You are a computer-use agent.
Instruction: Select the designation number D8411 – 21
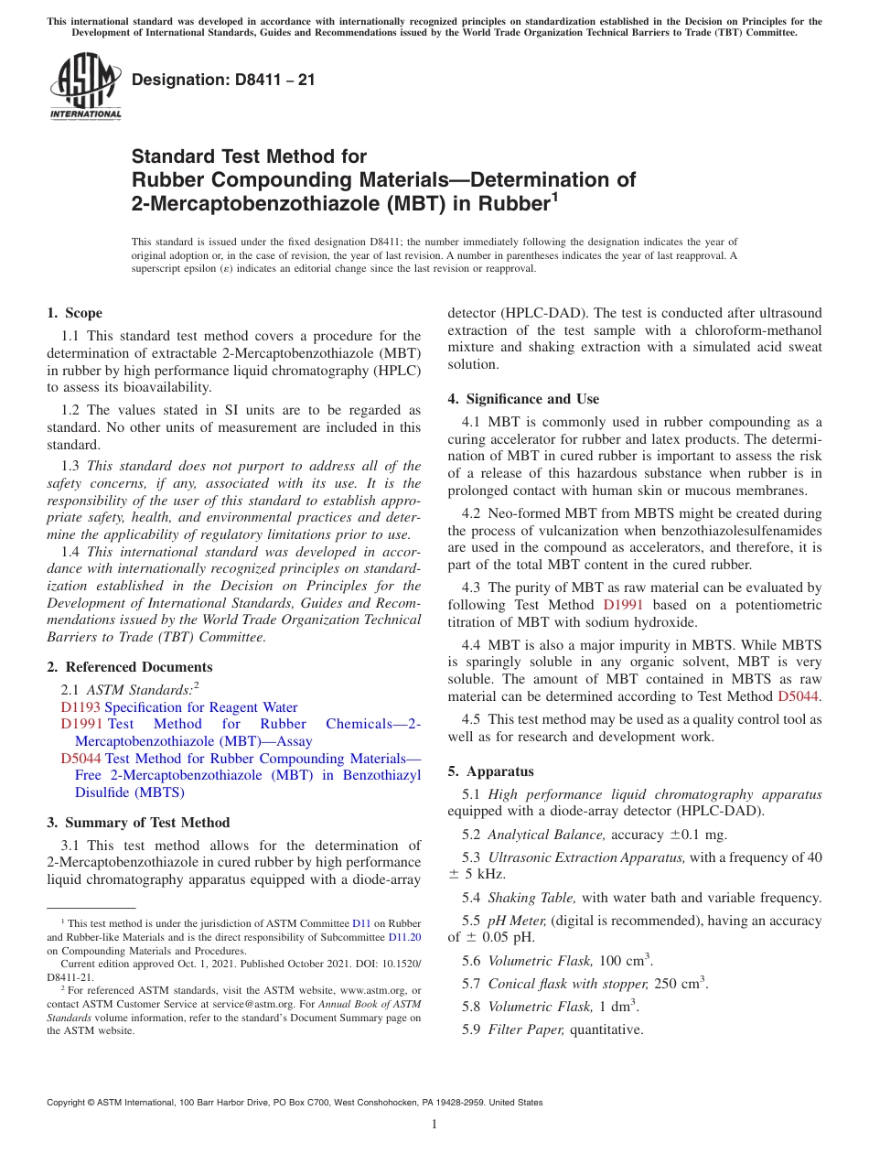pyautogui.click(x=223, y=80)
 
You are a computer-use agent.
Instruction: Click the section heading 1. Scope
pyautogui.click(x=75, y=313)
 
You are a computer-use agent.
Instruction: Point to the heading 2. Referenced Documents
pyautogui.click(x=130, y=667)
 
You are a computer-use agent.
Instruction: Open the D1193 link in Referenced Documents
pyautogui.click(x=80, y=707)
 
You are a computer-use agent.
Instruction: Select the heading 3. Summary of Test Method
pyautogui.click(x=138, y=823)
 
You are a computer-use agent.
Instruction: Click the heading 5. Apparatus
pyautogui.click(x=490, y=771)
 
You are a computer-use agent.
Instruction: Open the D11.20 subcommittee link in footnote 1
pyautogui.click(x=404, y=937)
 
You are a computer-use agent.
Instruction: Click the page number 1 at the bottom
pyautogui.click(x=434, y=1125)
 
